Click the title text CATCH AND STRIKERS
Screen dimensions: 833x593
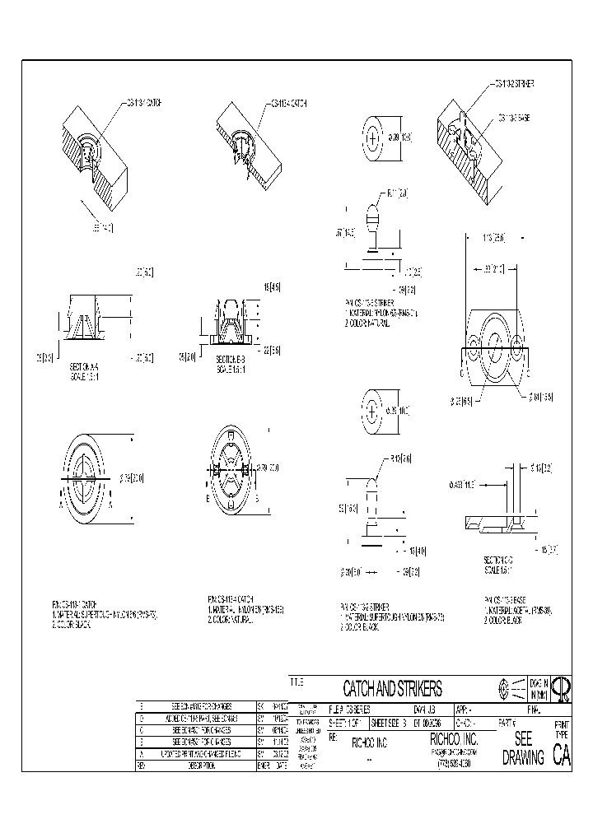coord(392,688)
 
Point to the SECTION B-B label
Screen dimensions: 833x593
coord(233,359)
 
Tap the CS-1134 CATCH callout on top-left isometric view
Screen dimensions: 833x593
coord(142,103)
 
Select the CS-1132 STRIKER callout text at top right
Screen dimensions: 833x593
coord(514,84)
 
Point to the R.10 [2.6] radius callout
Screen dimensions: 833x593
coord(401,458)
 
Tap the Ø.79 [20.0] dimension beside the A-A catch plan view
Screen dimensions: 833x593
coord(132,477)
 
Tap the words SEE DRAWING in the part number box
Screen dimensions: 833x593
coord(523,748)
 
